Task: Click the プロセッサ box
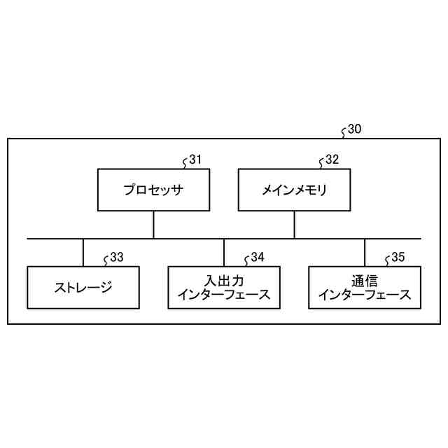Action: pyautogui.click(x=153, y=190)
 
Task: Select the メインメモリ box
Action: pyautogui.click(x=294, y=190)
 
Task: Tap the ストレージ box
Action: pyautogui.click(x=83, y=287)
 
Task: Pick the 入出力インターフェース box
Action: pyautogui.click(x=224, y=287)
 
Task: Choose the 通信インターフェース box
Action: pyautogui.click(x=365, y=287)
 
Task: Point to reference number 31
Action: pyautogui.click(x=195, y=159)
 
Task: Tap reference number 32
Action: pyautogui.click(x=332, y=159)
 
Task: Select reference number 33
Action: pyautogui.click(x=117, y=257)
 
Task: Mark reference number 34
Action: pyautogui.click(x=258, y=257)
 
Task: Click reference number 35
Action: pyautogui.click(x=398, y=257)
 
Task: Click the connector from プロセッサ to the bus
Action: pyautogui.click(x=153, y=225)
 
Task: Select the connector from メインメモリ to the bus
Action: pyautogui.click(x=294, y=225)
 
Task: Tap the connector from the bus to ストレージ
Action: pyautogui.click(x=83, y=253)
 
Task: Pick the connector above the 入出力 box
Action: pyautogui.click(x=224, y=253)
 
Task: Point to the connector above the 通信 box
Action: pyautogui.click(x=365, y=253)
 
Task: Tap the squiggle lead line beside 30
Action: pyautogui.click(x=344, y=132)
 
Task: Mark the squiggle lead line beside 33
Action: pyautogui.click(x=106, y=260)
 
